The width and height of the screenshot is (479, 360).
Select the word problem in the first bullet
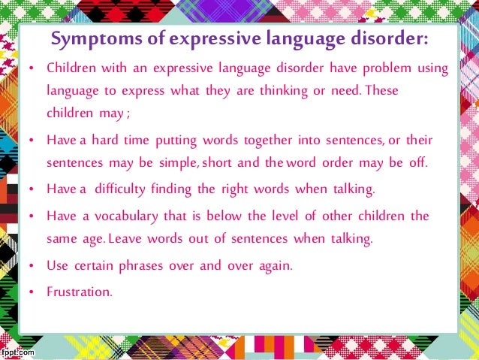click(x=388, y=69)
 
